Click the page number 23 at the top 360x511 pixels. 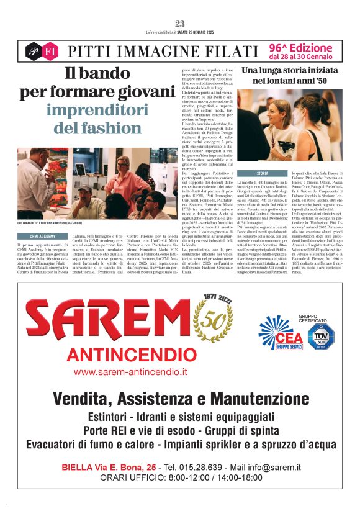click(x=180, y=24)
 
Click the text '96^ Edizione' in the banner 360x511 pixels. click(x=301, y=47)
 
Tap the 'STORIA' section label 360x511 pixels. click(x=263, y=173)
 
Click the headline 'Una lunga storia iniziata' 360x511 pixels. click(x=290, y=71)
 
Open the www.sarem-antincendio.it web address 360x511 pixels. click(x=130, y=372)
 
